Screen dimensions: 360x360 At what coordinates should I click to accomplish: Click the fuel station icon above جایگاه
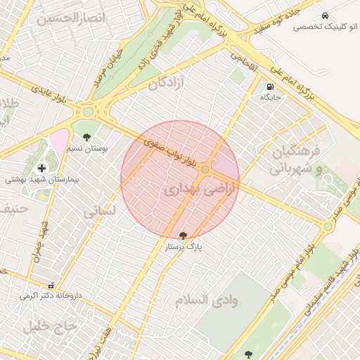tap(270, 88)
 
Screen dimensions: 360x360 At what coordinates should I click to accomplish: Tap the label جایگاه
tap(271, 98)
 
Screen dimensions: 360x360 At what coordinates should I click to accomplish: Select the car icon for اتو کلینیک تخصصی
tap(325, 15)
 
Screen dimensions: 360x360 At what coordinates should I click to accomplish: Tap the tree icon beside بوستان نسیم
tap(86, 138)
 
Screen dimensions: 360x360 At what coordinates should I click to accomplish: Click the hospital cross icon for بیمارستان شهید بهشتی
tap(42, 168)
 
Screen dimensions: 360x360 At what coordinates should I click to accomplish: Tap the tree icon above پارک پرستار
tap(184, 235)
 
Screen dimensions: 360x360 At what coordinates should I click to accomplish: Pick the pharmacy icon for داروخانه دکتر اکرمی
tap(51, 285)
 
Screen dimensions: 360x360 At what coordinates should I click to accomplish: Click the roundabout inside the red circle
tap(205, 169)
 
